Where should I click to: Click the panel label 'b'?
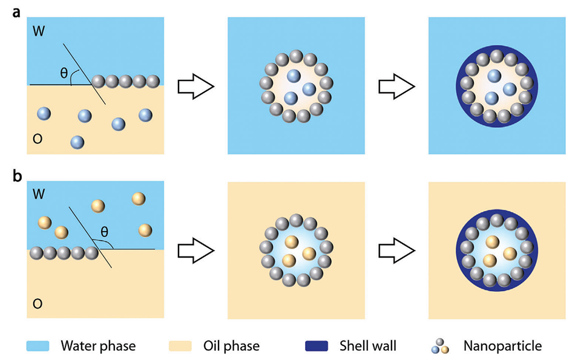pyautogui.click(x=19, y=179)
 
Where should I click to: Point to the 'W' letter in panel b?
pyautogui.click(x=39, y=195)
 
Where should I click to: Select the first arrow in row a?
pyautogui.click(x=195, y=85)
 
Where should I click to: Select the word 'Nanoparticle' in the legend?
pyautogui.click(x=502, y=347)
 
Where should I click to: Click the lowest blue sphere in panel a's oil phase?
pyautogui.click(x=77, y=142)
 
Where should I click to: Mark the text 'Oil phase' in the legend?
pyautogui.click(x=232, y=347)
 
